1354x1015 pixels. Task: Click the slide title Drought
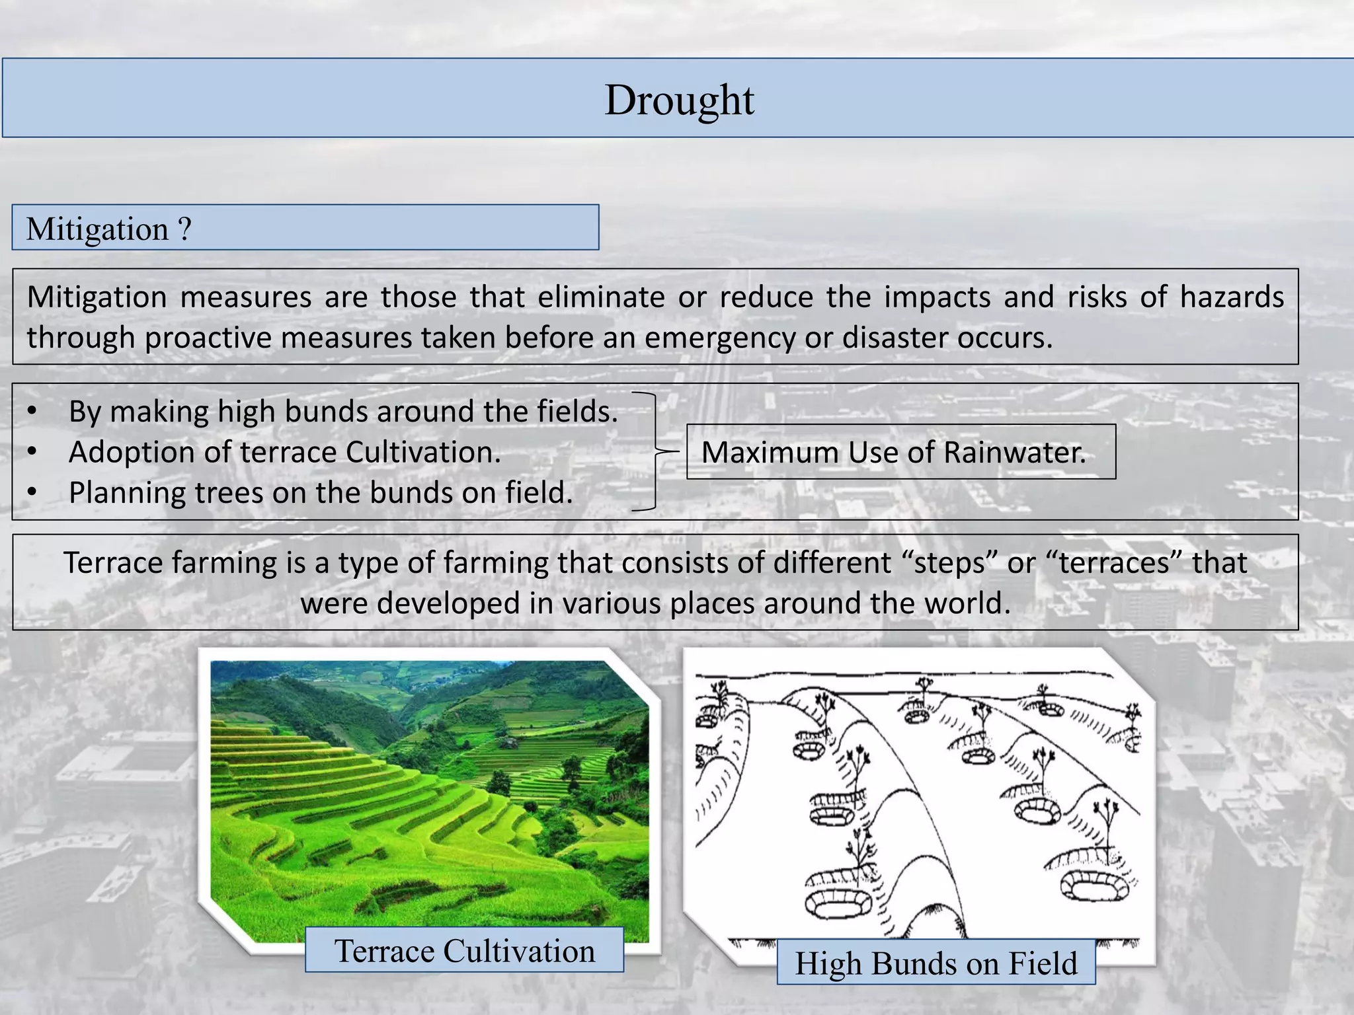pyautogui.click(x=679, y=100)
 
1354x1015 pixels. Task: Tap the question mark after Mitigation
pyautogui.click(x=184, y=229)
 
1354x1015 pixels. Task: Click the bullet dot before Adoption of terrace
pyautogui.click(x=32, y=452)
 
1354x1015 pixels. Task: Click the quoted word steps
pyautogui.click(x=949, y=563)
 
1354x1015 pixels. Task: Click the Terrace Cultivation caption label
pyautogui.click(x=464, y=950)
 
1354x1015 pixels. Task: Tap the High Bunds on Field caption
pyautogui.click(x=936, y=963)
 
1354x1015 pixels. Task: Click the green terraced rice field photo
pyautogui.click(x=430, y=793)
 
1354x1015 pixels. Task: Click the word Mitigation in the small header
pyautogui.click(x=97, y=229)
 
